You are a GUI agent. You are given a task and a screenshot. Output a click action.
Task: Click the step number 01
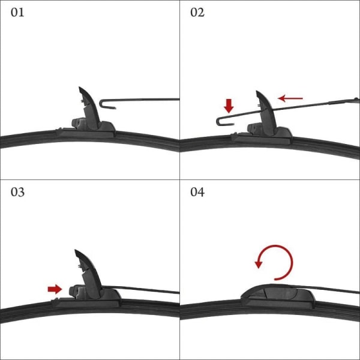coord(17,13)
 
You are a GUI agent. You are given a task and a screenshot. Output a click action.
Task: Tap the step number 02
coord(197,13)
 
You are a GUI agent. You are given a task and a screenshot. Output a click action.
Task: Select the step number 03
coord(17,192)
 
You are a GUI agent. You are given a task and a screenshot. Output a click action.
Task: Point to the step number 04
coord(197,192)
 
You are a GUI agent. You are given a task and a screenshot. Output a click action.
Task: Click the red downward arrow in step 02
coord(229,106)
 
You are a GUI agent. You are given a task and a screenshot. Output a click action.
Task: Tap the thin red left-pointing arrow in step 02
coord(290,98)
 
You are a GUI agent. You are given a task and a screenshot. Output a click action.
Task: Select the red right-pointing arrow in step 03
coord(55,289)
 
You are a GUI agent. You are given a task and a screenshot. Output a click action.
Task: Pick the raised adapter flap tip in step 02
coord(257,91)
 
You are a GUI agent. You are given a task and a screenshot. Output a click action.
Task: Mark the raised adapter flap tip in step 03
coord(76,250)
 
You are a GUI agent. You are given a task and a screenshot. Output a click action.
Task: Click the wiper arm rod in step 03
coord(140,289)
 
